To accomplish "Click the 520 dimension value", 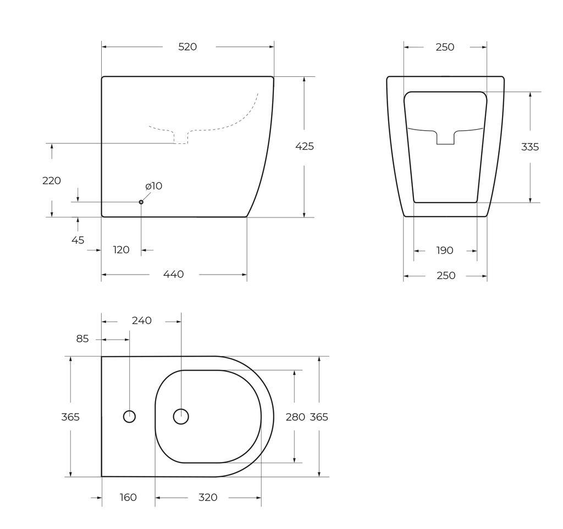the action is pos(187,47).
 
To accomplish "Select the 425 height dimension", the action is pos(305,146).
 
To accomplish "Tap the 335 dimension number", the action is pos(530,147).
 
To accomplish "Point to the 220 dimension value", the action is pos(52,181).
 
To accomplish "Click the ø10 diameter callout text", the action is pos(154,186).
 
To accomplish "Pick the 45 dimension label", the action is pos(78,240).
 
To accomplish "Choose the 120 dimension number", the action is pos(121,249).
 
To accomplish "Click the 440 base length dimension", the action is pos(173,274).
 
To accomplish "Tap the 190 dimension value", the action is pos(444,250).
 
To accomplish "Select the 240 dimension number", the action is pos(141,321).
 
